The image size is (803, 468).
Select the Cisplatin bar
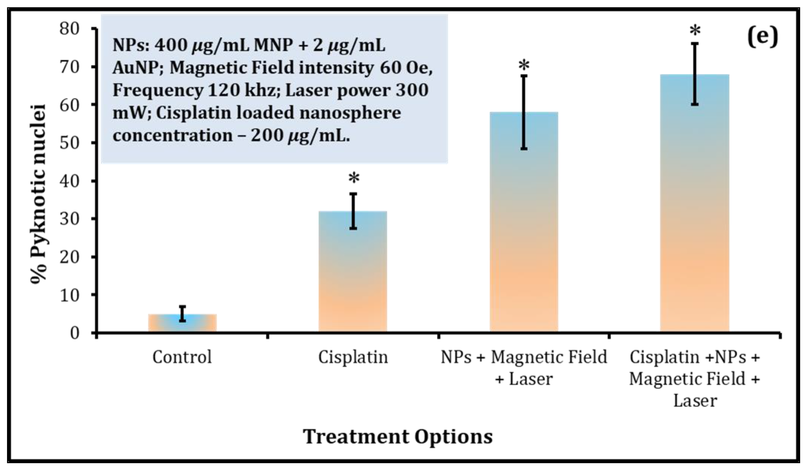353,271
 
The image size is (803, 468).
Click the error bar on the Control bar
182,314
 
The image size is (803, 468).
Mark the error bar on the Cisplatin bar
353,211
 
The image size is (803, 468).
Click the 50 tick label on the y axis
69,143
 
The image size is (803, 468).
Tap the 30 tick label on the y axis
69,219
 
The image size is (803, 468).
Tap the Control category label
182,357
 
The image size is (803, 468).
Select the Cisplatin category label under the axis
353,357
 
